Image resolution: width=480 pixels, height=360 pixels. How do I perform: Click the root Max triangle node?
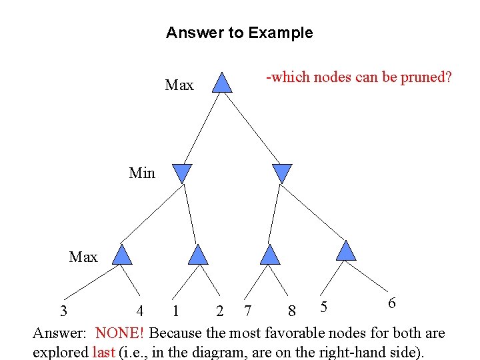223,83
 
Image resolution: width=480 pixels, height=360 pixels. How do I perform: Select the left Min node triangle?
182,173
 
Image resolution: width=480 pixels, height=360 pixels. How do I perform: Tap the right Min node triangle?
283,173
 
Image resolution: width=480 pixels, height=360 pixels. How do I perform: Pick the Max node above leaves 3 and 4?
122,255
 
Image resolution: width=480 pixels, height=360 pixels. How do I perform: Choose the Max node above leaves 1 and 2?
198,255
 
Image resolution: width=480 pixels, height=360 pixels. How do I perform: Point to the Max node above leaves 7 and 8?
269,255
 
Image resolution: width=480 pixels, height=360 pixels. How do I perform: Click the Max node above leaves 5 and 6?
346,251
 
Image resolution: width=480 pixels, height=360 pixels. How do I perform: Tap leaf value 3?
63,311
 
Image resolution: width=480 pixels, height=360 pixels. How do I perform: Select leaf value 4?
139,311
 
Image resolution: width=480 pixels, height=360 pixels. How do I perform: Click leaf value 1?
175,311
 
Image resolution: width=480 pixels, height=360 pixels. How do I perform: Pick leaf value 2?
219,311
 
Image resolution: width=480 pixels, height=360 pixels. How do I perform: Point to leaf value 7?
248,311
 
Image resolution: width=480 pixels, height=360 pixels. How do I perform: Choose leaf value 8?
291,311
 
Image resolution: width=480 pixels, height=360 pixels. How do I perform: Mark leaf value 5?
323,306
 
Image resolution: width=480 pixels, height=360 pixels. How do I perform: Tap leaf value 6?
392,303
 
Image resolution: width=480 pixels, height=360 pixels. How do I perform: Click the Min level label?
142,173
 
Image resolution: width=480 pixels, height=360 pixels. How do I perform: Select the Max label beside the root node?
179,85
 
